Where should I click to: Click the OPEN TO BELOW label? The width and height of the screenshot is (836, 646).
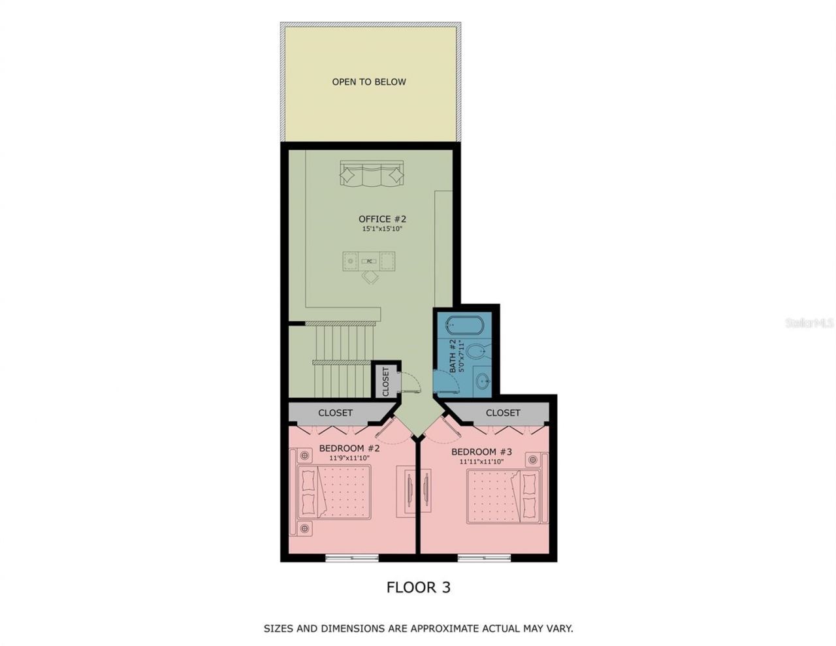click(x=369, y=82)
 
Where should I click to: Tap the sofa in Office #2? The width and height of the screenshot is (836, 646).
click(x=371, y=175)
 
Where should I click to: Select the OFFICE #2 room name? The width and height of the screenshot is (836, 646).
click(x=382, y=219)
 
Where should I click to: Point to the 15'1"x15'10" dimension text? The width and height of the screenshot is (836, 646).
click(x=382, y=229)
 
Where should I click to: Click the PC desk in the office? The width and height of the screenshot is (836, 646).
click(x=370, y=261)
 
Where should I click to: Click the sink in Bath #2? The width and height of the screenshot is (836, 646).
click(x=483, y=381)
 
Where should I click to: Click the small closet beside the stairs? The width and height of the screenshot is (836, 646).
click(x=385, y=381)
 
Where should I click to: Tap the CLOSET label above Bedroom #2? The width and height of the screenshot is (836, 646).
click(x=335, y=413)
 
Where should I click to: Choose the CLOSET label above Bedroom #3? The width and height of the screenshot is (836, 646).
click(x=503, y=413)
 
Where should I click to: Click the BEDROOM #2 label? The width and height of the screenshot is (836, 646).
click(x=349, y=449)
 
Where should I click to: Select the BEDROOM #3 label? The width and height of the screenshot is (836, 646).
click(x=482, y=452)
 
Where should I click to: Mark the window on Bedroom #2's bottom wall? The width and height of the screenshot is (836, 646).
click(x=351, y=558)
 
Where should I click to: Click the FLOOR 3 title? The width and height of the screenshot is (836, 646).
click(x=418, y=587)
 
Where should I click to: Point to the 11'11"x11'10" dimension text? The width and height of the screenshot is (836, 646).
click(x=481, y=461)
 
